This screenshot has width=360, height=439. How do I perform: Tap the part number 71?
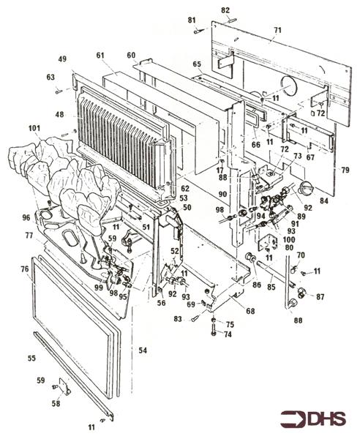point(277,30)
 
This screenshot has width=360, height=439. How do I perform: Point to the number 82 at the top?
point(225,10)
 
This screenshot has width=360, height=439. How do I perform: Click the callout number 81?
point(192,20)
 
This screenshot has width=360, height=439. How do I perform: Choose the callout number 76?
point(25,270)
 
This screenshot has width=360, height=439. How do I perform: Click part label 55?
point(31,359)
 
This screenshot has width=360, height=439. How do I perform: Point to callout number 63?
point(50,77)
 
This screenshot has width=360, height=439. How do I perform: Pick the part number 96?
point(26,217)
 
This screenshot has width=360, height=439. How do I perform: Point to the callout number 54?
point(143,352)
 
